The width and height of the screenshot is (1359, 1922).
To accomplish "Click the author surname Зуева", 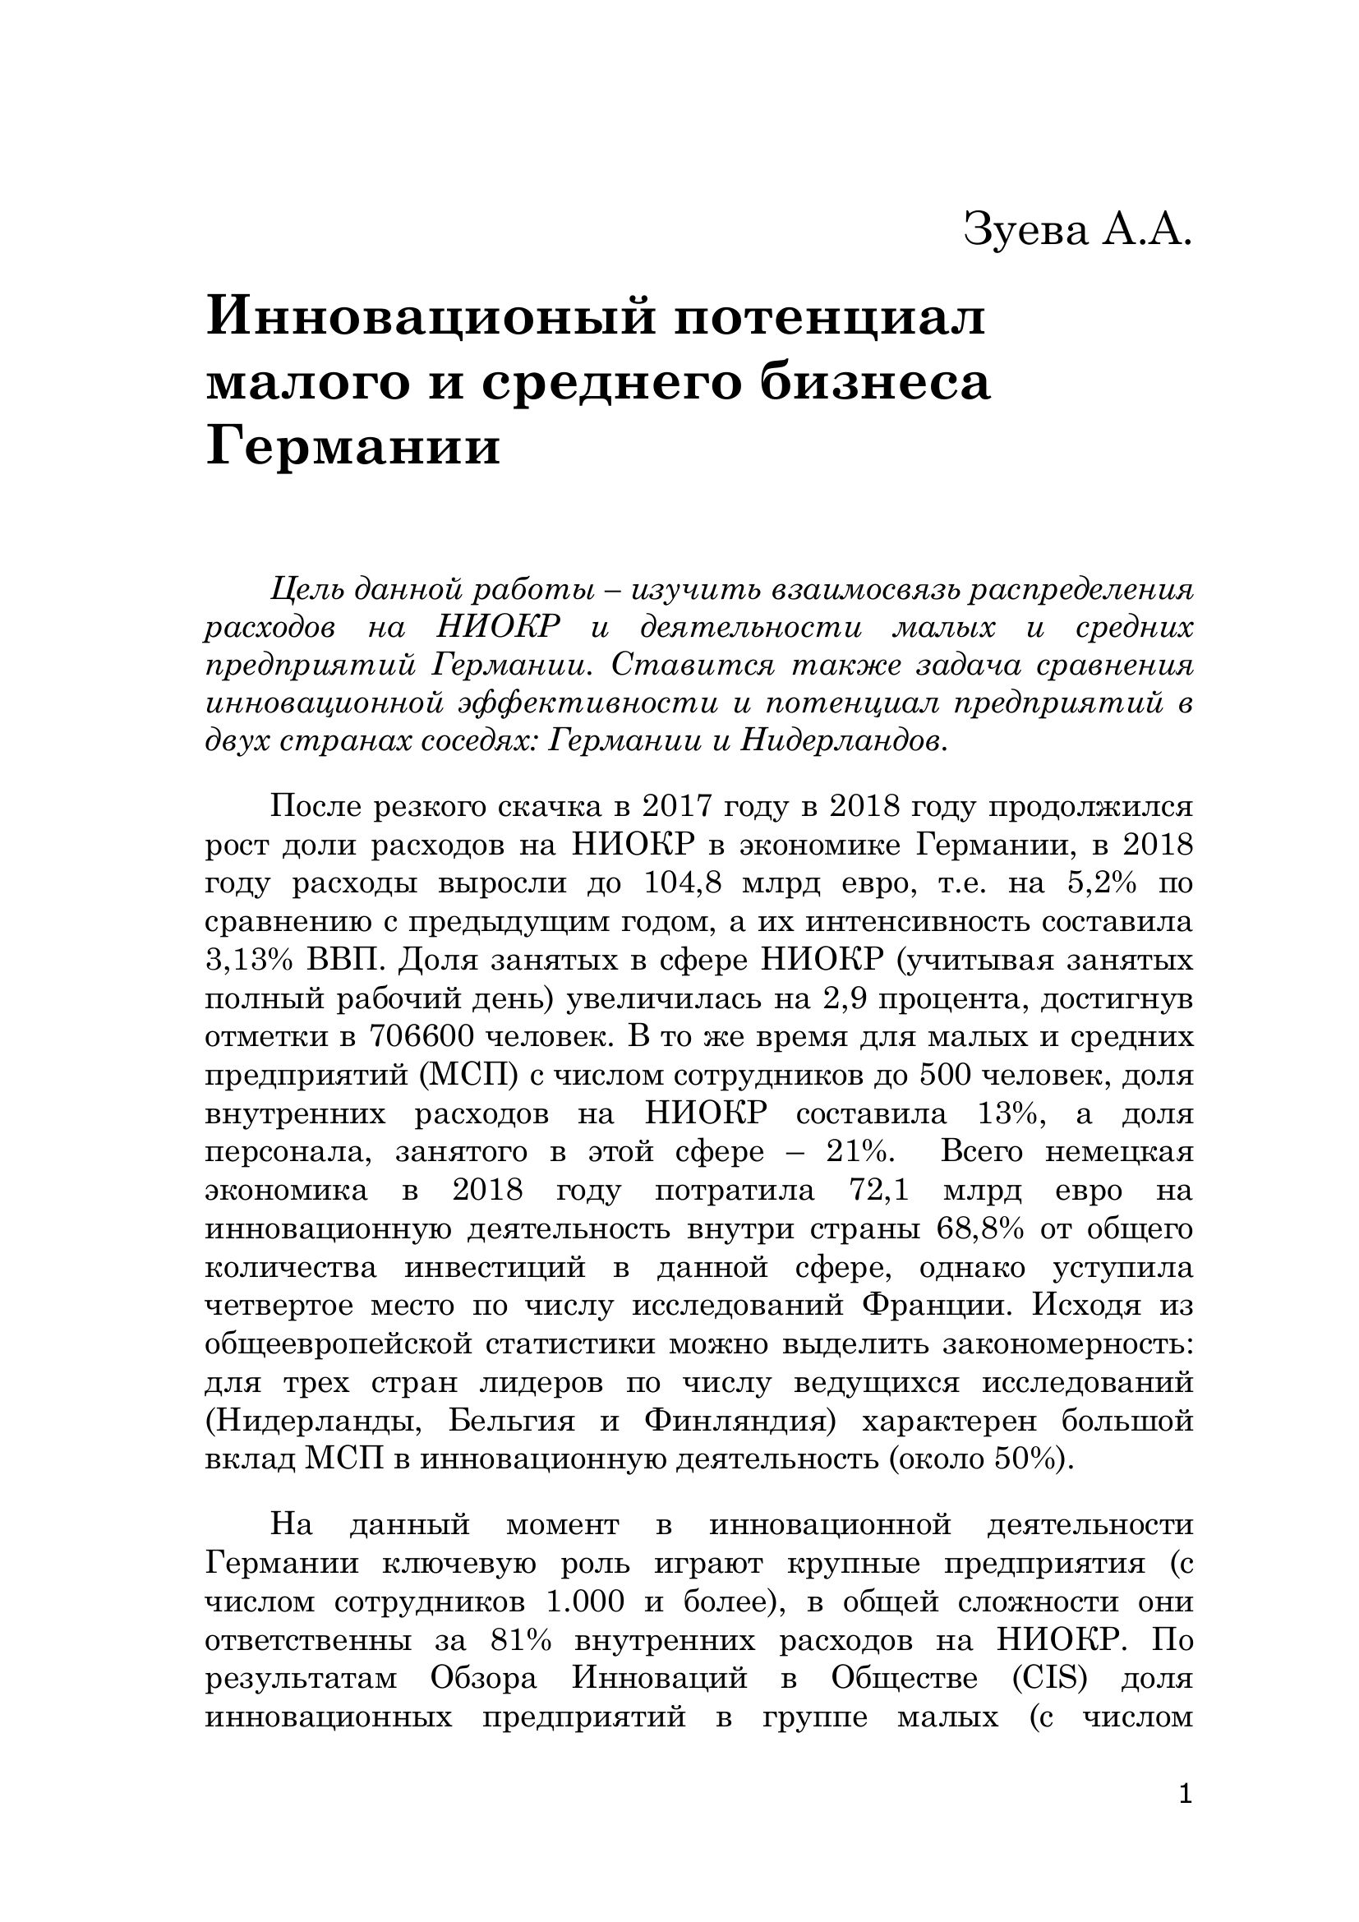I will pyautogui.click(x=1025, y=230).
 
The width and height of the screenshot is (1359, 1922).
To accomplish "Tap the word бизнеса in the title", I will pyautogui.click(x=875, y=384).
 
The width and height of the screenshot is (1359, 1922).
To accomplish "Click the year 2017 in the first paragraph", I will pyautogui.click(x=679, y=807).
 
